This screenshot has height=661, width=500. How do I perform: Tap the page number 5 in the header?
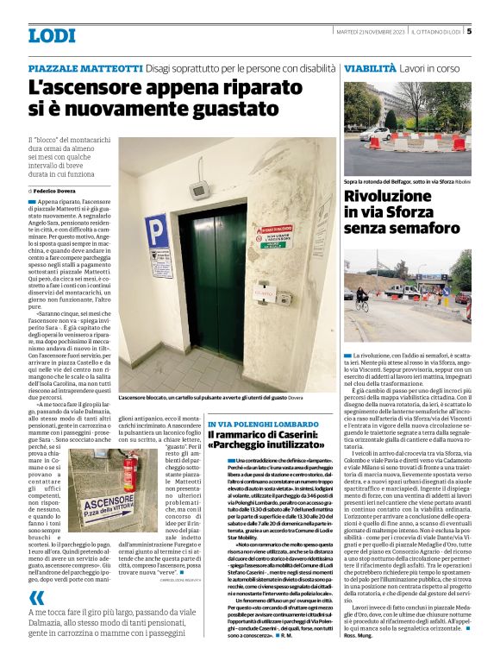click(x=469, y=32)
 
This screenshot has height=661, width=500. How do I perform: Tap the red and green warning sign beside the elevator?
click(x=275, y=235)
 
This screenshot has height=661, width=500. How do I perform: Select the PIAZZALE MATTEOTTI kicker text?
click(x=84, y=67)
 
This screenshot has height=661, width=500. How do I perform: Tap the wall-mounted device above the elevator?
click(x=197, y=187)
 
